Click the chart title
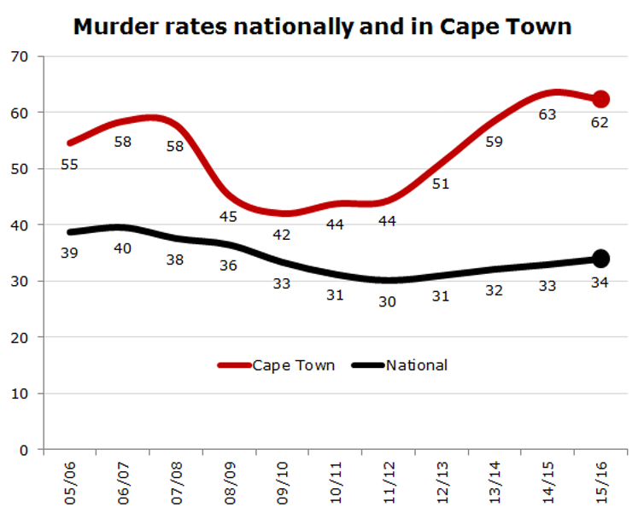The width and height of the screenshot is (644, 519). (x=322, y=26)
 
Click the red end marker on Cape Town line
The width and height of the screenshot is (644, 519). (x=600, y=99)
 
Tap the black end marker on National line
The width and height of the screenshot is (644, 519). (x=600, y=258)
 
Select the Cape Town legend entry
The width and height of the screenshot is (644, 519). (x=275, y=365)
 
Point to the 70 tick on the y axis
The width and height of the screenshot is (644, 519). (x=20, y=57)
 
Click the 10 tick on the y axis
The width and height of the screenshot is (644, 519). (x=20, y=394)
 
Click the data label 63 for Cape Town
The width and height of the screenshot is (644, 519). (x=547, y=114)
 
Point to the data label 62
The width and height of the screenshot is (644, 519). (x=600, y=122)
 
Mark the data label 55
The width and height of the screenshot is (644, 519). (x=70, y=165)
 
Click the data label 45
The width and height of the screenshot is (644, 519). (x=230, y=217)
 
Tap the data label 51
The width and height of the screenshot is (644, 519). (x=442, y=184)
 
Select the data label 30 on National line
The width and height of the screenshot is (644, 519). (x=389, y=301)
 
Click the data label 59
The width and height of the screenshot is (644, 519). (x=495, y=142)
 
